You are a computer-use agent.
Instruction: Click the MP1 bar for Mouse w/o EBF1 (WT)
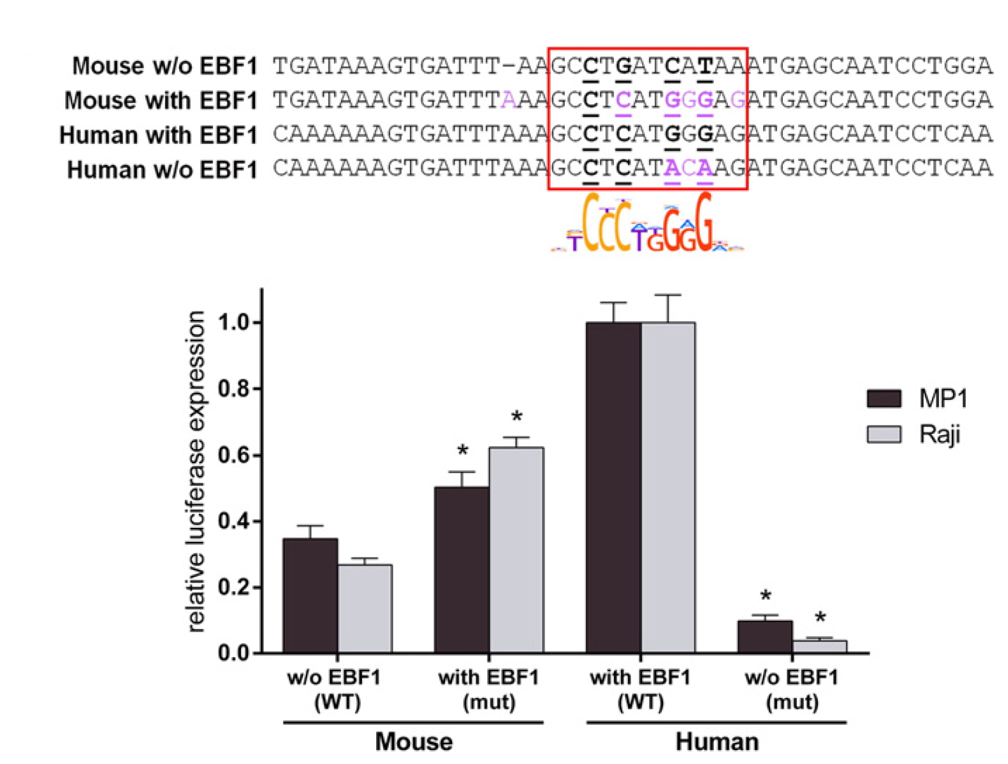(310, 596)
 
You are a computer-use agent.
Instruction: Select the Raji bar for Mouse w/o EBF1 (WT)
(365, 609)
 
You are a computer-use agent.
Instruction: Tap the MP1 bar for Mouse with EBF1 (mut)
(462, 570)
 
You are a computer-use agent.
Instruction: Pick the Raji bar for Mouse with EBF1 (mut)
(516, 550)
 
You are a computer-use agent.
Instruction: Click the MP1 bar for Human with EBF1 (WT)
(613, 488)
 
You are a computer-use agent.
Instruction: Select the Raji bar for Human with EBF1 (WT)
(668, 488)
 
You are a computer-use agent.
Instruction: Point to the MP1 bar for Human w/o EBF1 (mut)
(765, 637)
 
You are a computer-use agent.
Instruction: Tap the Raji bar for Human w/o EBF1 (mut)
(819, 646)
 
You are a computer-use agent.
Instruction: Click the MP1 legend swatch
(884, 398)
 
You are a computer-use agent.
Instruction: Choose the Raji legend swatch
(884, 434)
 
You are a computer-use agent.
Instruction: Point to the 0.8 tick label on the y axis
(234, 388)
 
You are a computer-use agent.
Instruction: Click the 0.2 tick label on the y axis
(234, 587)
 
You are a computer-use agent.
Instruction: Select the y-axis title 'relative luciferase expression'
(196, 472)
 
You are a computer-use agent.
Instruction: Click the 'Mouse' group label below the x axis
(414, 742)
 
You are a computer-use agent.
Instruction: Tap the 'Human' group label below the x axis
(717, 742)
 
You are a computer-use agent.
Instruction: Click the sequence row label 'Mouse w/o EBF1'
(164, 66)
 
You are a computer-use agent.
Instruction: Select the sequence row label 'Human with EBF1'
(158, 135)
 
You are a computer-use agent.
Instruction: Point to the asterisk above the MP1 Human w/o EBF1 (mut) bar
(766, 596)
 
